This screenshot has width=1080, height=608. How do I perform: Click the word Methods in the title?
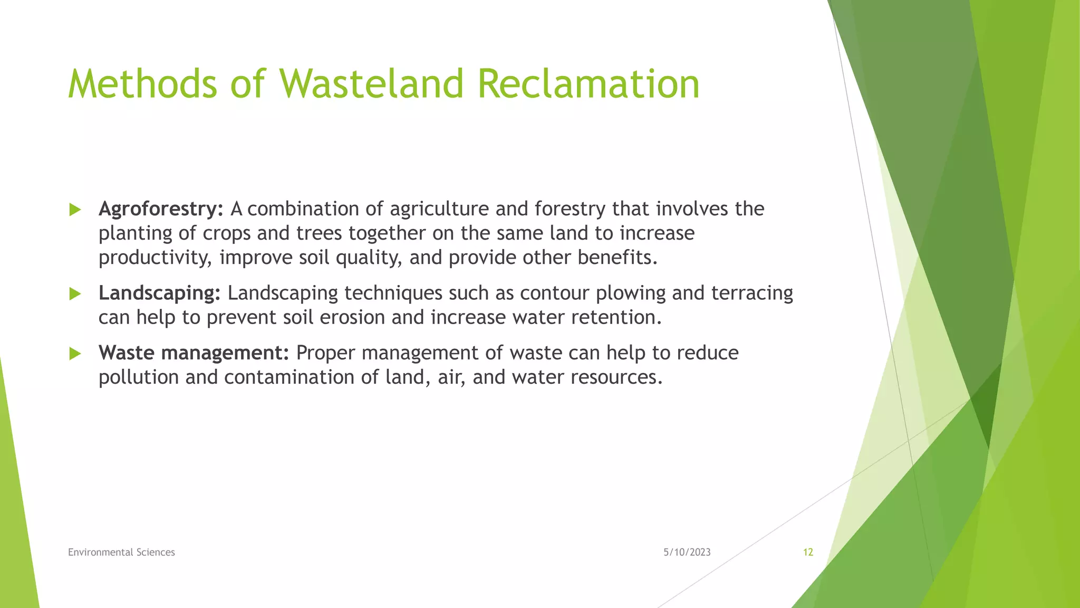click(x=142, y=84)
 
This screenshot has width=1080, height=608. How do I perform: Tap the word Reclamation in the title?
click(x=588, y=84)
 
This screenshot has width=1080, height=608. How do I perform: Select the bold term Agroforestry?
click(x=161, y=210)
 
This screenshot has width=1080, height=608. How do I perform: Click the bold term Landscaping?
click(x=159, y=293)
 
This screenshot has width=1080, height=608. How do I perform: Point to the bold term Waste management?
click(x=194, y=353)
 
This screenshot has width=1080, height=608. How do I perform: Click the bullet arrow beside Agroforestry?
click(x=75, y=210)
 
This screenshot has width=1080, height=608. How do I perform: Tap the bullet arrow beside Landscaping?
click(x=75, y=294)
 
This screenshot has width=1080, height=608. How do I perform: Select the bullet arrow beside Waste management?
click(x=75, y=354)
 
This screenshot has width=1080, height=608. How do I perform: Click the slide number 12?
click(x=808, y=552)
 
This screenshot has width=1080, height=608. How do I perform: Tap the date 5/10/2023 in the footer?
click(x=687, y=552)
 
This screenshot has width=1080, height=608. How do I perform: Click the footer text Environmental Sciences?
click(x=121, y=552)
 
